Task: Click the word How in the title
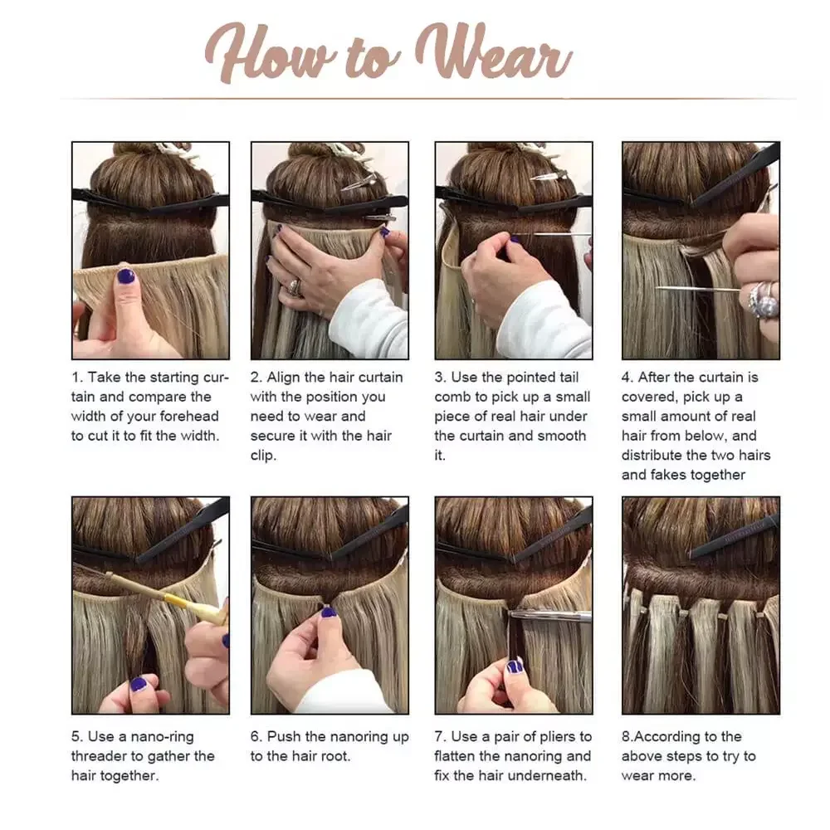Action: click(x=271, y=53)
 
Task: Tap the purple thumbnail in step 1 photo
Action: click(x=125, y=276)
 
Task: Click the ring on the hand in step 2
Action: click(x=295, y=288)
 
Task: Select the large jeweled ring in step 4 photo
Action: click(x=763, y=299)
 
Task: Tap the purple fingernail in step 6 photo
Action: click(x=329, y=613)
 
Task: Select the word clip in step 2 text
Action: click(x=262, y=456)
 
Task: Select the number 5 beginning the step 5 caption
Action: click(x=76, y=737)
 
